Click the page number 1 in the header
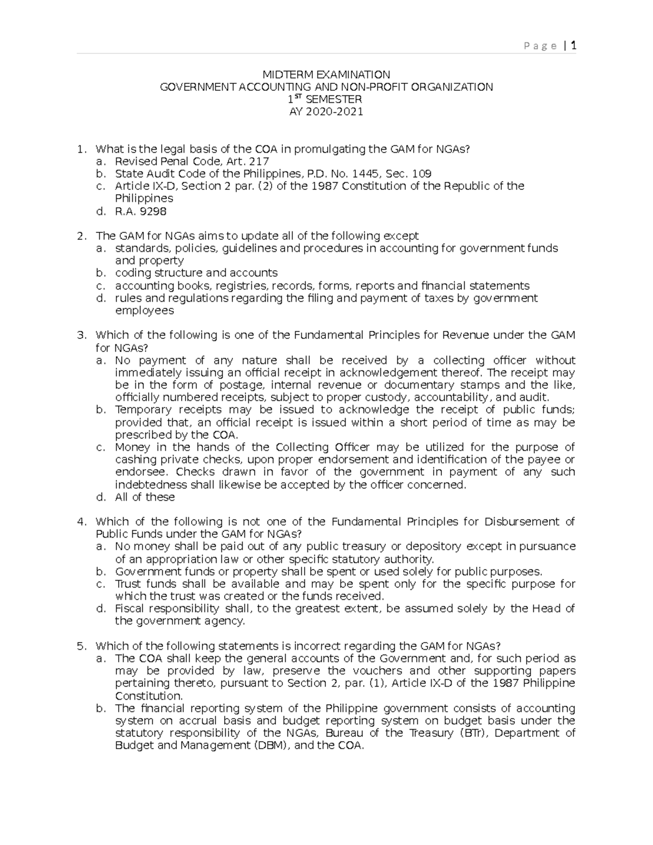(573, 46)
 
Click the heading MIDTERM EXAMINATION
(326, 75)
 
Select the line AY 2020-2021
(326, 112)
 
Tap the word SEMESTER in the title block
(333, 100)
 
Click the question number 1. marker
(81, 149)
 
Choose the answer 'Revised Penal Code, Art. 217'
(192, 162)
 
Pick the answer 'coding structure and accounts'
(196, 273)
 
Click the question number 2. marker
(81, 236)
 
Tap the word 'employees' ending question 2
(144, 311)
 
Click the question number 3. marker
(81, 335)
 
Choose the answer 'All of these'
(145, 497)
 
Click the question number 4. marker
(81, 522)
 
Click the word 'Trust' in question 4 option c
(127, 584)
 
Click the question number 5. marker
(81, 646)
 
